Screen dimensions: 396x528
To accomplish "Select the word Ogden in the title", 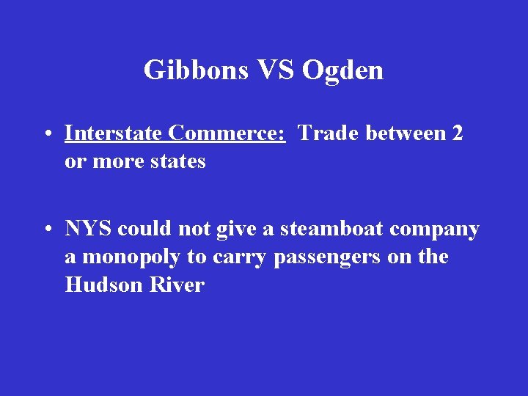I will click(x=342, y=70).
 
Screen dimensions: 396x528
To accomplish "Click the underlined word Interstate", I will click(x=114, y=133).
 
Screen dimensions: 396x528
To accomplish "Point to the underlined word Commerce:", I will click(x=227, y=133).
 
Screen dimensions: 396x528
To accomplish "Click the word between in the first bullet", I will click(x=400, y=133).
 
